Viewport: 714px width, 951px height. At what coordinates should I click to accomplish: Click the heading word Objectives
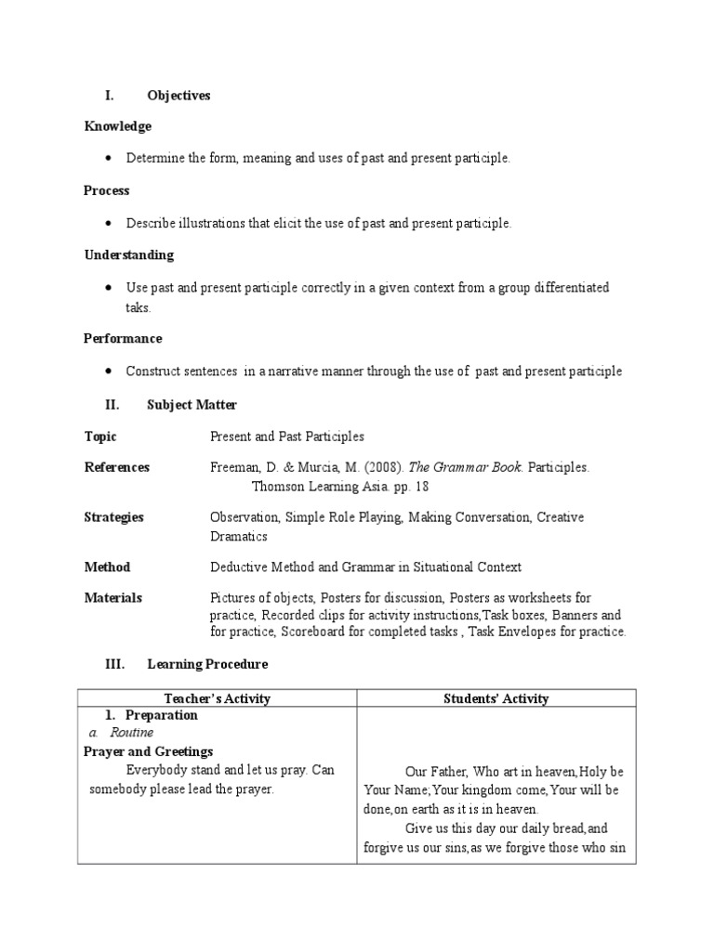[178, 96]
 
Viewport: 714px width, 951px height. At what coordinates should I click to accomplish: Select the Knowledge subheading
[117, 126]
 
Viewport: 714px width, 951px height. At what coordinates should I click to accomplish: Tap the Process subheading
[107, 190]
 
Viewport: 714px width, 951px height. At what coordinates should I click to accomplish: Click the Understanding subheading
[128, 254]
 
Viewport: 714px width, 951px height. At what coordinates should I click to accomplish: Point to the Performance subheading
[123, 339]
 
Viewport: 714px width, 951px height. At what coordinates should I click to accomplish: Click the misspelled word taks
[138, 307]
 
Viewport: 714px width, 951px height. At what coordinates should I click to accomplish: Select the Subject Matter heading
[192, 404]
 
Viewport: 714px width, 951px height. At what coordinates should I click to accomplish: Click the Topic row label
[100, 436]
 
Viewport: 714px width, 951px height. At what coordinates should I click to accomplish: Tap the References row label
[116, 467]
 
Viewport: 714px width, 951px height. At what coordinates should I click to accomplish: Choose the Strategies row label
[113, 517]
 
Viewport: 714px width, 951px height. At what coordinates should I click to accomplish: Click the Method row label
[107, 567]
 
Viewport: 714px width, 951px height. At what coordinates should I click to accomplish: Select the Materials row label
[112, 598]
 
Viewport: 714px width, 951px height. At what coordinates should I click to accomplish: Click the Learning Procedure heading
[207, 664]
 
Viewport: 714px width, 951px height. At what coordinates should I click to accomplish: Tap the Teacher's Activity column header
[216, 698]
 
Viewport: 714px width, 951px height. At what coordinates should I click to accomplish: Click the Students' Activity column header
[496, 698]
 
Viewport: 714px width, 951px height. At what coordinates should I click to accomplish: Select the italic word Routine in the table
[131, 733]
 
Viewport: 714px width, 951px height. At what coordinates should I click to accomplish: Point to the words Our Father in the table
[435, 771]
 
